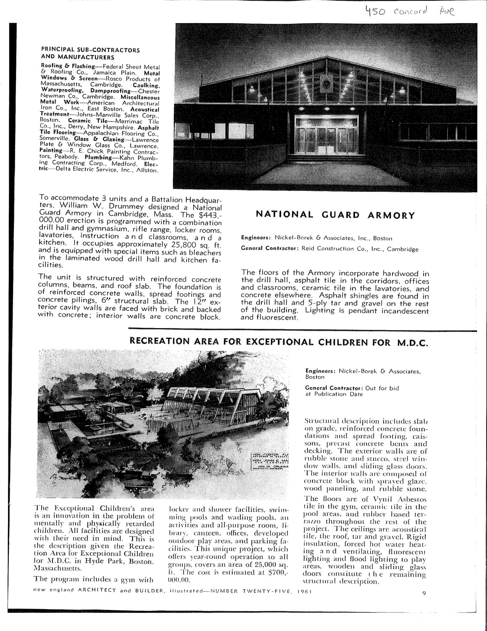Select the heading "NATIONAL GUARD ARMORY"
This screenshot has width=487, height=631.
335,215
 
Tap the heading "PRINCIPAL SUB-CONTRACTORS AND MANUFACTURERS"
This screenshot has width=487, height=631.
90,52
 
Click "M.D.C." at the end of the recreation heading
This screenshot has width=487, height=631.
412,343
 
